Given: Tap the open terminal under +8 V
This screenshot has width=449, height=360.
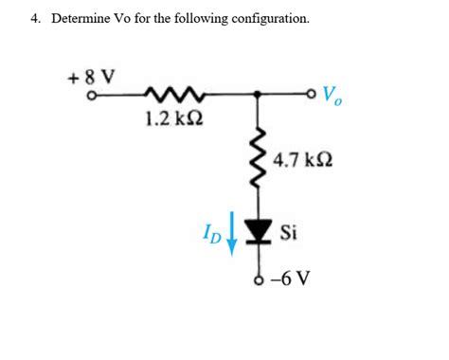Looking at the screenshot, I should tap(91, 95).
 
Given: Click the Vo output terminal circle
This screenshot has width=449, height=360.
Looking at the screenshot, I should tap(314, 94).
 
